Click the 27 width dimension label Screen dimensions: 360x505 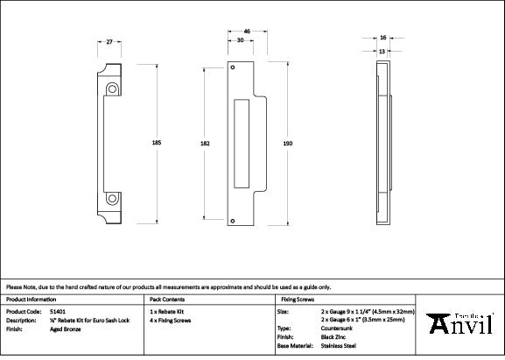109,41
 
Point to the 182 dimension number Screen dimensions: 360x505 205,142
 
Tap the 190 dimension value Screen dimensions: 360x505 288,142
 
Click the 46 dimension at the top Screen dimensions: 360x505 247,32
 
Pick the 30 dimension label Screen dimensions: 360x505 240,41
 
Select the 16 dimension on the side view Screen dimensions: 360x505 383,38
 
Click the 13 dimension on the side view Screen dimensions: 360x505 382,51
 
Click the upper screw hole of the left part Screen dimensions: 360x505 113,88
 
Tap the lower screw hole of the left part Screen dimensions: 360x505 113,197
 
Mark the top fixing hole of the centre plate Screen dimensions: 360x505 232,67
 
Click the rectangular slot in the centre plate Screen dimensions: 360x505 242,143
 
